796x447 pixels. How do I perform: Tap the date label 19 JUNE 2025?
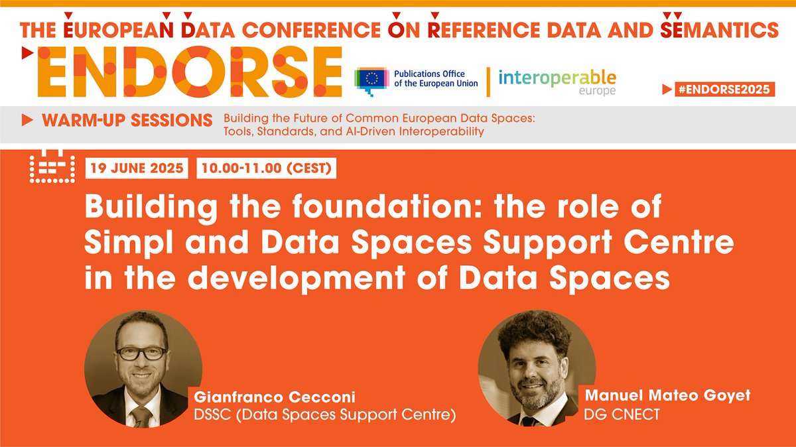click(138, 168)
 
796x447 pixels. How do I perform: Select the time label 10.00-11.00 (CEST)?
click(267, 168)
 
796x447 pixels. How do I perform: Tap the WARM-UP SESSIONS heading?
click(127, 121)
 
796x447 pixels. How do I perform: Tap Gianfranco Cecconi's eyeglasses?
click(142, 353)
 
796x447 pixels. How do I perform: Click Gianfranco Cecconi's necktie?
click(140, 416)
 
